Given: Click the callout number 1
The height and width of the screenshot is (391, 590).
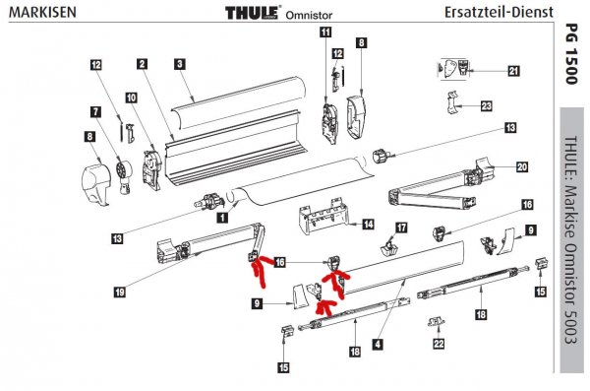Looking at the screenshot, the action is coord(222,218).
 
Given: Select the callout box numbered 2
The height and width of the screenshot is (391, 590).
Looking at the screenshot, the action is coord(142,64).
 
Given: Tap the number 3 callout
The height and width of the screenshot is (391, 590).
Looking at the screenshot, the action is coord(180,64).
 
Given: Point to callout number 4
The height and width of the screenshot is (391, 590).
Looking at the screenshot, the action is coord(378,344).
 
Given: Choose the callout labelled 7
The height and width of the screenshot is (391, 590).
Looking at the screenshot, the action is coord(96,112).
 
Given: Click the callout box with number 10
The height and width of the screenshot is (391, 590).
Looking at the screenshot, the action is coord(132,98).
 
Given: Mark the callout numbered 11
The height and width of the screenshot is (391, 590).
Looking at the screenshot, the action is coord(325,32).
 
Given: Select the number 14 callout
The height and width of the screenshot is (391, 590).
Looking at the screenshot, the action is coord(369,225).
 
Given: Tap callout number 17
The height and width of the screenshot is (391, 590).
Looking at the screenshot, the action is coord(401,228).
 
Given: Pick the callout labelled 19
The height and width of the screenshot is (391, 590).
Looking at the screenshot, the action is coord(120,293).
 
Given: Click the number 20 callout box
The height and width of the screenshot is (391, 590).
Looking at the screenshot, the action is coord(522,166).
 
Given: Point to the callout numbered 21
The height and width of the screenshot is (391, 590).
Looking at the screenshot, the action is coord(513,71).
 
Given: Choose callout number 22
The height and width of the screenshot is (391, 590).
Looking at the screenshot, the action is coord(439,344).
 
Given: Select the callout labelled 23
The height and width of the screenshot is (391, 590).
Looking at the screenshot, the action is coord(487,106).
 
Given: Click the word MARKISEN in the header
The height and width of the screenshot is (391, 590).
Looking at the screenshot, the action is coord(42,12).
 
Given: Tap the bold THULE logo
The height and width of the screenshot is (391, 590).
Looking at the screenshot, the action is coord(253,13).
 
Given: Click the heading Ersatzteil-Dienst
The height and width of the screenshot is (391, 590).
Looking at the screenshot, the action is coord(499,12).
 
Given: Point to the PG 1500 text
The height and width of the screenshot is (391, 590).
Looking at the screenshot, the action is coord(571,54).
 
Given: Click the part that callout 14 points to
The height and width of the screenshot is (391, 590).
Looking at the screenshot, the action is coord(324,216).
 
